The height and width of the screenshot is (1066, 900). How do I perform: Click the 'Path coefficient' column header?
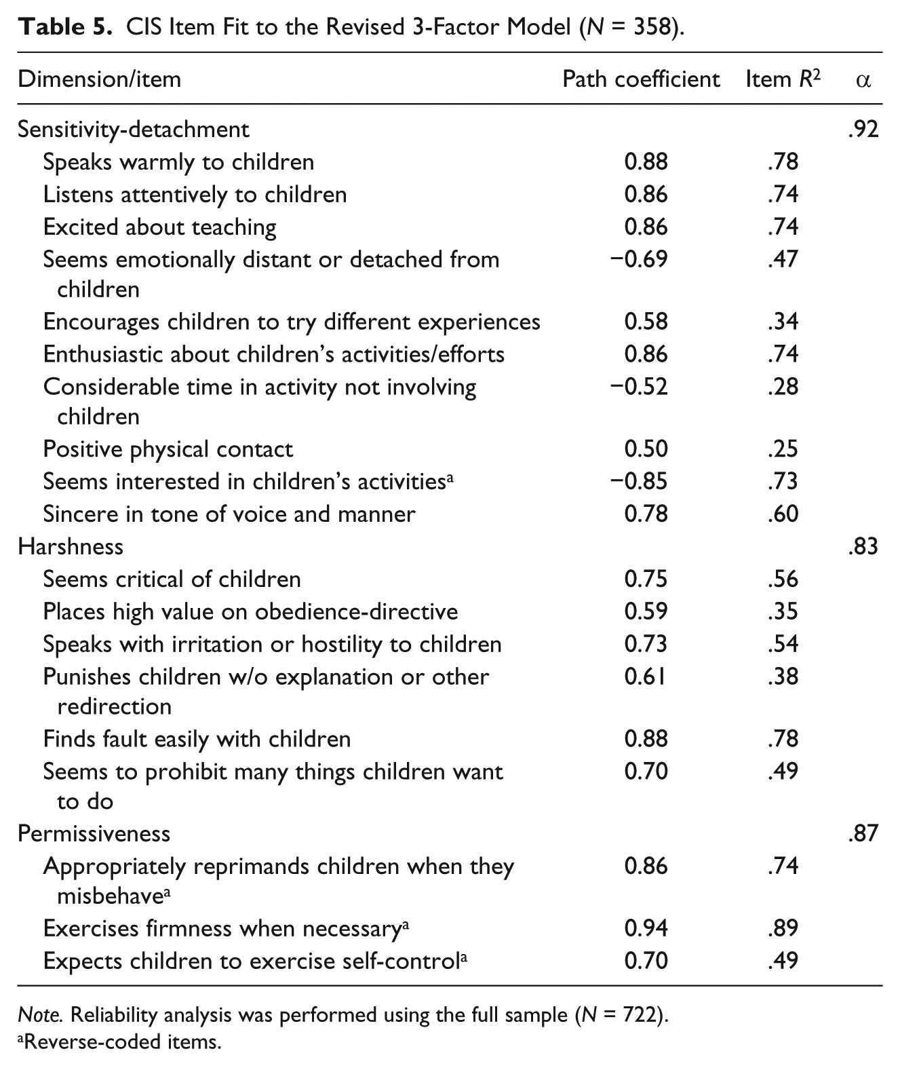(x=641, y=79)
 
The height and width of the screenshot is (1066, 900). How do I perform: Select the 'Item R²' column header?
(x=783, y=79)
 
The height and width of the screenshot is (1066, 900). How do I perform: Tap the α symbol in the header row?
(x=863, y=81)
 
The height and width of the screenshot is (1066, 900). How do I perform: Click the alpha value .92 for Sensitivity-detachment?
(x=863, y=129)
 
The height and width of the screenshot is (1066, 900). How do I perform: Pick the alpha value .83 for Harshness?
(x=863, y=546)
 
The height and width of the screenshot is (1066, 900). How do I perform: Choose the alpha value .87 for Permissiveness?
(x=863, y=833)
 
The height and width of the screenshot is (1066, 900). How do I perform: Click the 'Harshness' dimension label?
(x=71, y=546)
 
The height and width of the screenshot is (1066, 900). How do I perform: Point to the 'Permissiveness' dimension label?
(x=94, y=833)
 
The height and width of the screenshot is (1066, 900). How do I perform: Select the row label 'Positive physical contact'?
(x=168, y=449)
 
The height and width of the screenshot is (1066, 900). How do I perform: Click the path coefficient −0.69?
(x=639, y=259)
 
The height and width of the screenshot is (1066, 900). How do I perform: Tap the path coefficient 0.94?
(x=646, y=928)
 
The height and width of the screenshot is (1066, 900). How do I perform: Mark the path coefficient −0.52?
(x=639, y=387)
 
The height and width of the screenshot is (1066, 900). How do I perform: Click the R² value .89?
(x=783, y=928)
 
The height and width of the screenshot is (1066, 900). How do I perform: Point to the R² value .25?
(x=783, y=449)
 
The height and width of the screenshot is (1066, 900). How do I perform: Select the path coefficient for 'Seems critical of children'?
(x=646, y=579)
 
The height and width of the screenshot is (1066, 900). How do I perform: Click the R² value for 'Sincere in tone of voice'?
(x=783, y=514)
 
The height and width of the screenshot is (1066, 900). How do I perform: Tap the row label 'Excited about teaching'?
(x=159, y=227)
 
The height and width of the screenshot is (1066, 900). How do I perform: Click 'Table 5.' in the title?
(x=65, y=26)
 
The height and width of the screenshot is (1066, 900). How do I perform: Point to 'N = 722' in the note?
(x=619, y=1015)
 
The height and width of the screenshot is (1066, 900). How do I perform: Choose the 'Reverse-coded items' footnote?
(x=120, y=1042)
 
